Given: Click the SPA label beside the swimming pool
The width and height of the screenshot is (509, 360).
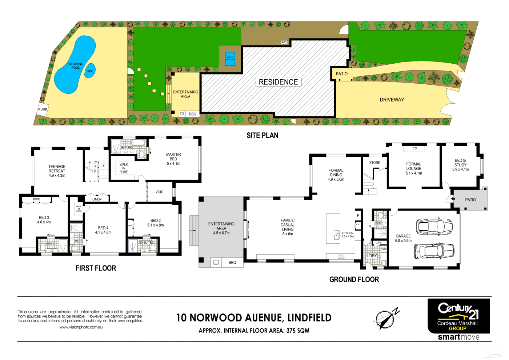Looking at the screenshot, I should (x=90, y=71).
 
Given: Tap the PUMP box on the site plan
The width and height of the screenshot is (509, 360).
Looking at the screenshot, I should (x=43, y=109).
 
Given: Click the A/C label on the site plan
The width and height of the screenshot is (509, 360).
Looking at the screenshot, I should (x=284, y=42).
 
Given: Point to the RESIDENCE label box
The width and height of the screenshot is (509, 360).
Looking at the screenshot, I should (x=278, y=82).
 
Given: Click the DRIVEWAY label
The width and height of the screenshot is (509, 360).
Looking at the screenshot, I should (x=392, y=100).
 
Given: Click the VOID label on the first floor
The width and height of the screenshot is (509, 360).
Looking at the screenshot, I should (x=159, y=192).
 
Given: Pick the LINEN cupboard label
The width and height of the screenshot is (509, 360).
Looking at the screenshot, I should (x=97, y=199).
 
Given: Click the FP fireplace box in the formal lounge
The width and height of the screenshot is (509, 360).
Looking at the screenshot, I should (x=414, y=149).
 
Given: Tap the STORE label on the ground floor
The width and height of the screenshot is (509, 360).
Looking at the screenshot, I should (x=374, y=163).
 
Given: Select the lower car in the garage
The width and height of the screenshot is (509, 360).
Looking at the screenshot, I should (x=434, y=250).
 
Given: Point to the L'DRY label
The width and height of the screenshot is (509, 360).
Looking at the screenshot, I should (x=372, y=256).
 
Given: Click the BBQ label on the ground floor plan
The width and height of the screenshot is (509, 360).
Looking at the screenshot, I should (x=232, y=263).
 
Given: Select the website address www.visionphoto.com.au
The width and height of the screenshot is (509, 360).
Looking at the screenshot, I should (x=81, y=327).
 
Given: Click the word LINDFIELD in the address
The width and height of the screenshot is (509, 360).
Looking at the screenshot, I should (x=309, y=318).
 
